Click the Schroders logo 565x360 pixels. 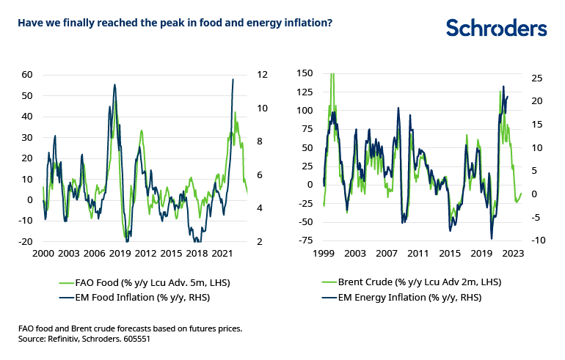[496, 27]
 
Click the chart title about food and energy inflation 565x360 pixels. [175, 23]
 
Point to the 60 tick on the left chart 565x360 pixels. [27, 74]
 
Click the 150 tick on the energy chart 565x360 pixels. [303, 73]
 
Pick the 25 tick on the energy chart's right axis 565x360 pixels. [535, 78]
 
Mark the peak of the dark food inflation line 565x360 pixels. [233, 79]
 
